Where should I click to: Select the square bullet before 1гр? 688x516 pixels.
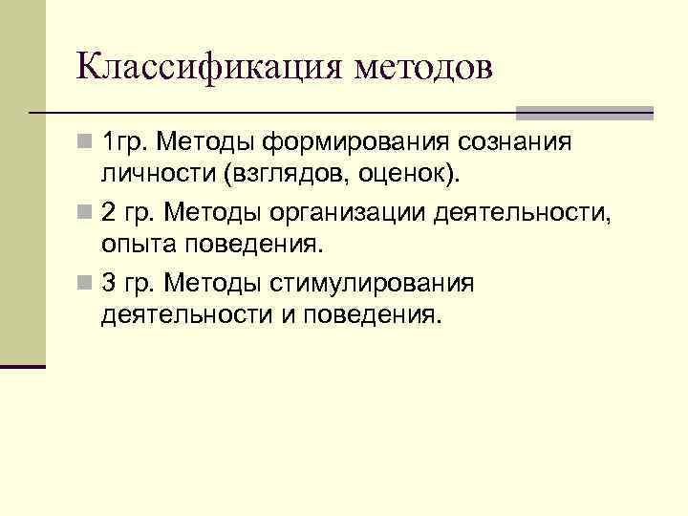(85, 144)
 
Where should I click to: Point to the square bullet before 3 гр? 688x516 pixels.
(85, 284)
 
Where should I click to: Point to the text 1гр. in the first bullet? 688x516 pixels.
(122, 143)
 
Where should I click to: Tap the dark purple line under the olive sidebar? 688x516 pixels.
(23, 366)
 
